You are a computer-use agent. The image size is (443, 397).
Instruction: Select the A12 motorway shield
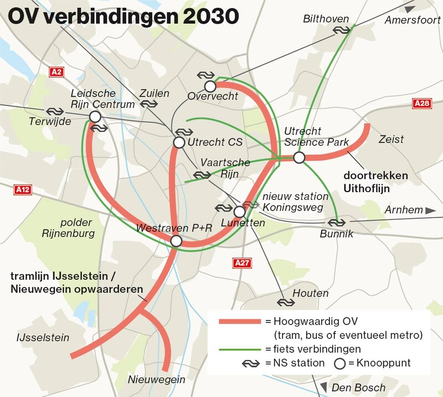point(22,189)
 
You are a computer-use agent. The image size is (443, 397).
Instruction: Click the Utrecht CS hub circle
point(178,142)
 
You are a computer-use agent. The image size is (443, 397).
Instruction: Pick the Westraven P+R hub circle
point(176,241)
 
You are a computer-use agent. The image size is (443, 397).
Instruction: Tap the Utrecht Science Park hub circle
point(299,158)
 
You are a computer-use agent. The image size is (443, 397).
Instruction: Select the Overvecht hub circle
point(210,86)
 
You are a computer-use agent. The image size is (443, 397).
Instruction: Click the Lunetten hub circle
point(239,212)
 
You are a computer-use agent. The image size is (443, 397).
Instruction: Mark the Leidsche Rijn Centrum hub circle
point(95,116)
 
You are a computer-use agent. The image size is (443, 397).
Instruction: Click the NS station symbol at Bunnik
point(336,223)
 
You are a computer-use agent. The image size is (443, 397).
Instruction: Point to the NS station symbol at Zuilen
point(147,104)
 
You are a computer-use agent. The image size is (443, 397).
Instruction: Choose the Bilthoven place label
point(326,19)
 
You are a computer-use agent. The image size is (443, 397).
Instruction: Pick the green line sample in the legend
point(239,349)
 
